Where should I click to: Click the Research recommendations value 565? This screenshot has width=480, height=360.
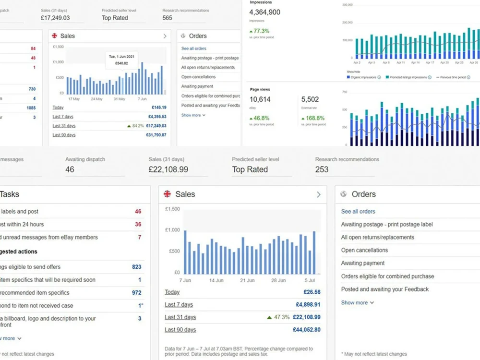point(168,18)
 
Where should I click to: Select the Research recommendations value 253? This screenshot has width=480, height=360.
point(322,169)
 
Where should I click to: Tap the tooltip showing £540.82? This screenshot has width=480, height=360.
point(121,60)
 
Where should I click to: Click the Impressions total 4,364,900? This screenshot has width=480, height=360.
point(265,12)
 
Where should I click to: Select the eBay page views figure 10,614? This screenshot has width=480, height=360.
point(260,99)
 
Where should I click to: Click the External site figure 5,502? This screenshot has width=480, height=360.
point(310,99)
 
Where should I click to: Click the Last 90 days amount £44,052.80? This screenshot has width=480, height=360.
point(306,330)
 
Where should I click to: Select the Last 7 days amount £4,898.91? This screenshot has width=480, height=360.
point(308,304)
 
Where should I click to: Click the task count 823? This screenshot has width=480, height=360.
point(136,267)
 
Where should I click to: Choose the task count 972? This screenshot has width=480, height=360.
point(136,293)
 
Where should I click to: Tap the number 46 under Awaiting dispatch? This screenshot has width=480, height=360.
point(70,169)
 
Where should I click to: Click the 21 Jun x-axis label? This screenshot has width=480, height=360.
point(247,280)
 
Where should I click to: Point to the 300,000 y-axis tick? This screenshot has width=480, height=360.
point(348,5)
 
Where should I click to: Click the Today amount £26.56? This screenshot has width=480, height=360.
point(312,292)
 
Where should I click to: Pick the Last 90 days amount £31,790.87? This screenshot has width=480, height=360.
point(156,135)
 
